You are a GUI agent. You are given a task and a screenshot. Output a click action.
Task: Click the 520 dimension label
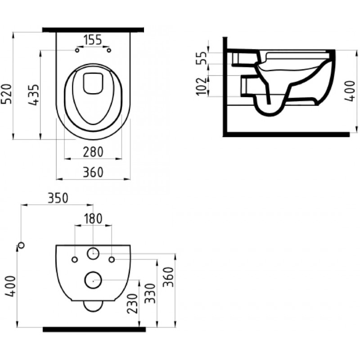click(x=6, y=94)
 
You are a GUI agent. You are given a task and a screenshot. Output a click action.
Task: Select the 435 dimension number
click(x=33, y=95)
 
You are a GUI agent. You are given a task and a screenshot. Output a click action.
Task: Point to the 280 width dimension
click(x=93, y=152)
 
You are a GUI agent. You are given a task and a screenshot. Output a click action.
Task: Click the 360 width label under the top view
click(x=93, y=172)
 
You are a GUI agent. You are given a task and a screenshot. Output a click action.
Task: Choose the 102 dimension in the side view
click(x=202, y=86)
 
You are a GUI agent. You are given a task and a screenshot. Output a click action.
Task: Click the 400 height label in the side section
click(x=350, y=91)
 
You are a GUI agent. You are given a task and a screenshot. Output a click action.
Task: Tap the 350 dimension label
click(x=58, y=198)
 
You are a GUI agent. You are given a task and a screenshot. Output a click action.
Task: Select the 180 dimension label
click(x=93, y=219)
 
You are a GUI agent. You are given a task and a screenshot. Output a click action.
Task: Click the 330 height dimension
click(x=151, y=293)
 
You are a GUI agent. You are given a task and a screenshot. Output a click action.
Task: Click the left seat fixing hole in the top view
click(x=77, y=50)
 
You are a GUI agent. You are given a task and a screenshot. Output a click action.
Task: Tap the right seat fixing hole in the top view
click(x=109, y=50)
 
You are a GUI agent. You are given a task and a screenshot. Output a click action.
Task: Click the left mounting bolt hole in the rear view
click(x=75, y=260)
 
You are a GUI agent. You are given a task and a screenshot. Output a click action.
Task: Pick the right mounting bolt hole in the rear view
click(x=112, y=260)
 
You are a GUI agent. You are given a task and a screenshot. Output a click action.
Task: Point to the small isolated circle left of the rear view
click(x=21, y=245)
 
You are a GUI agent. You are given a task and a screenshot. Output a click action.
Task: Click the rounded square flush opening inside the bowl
click(x=93, y=83)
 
